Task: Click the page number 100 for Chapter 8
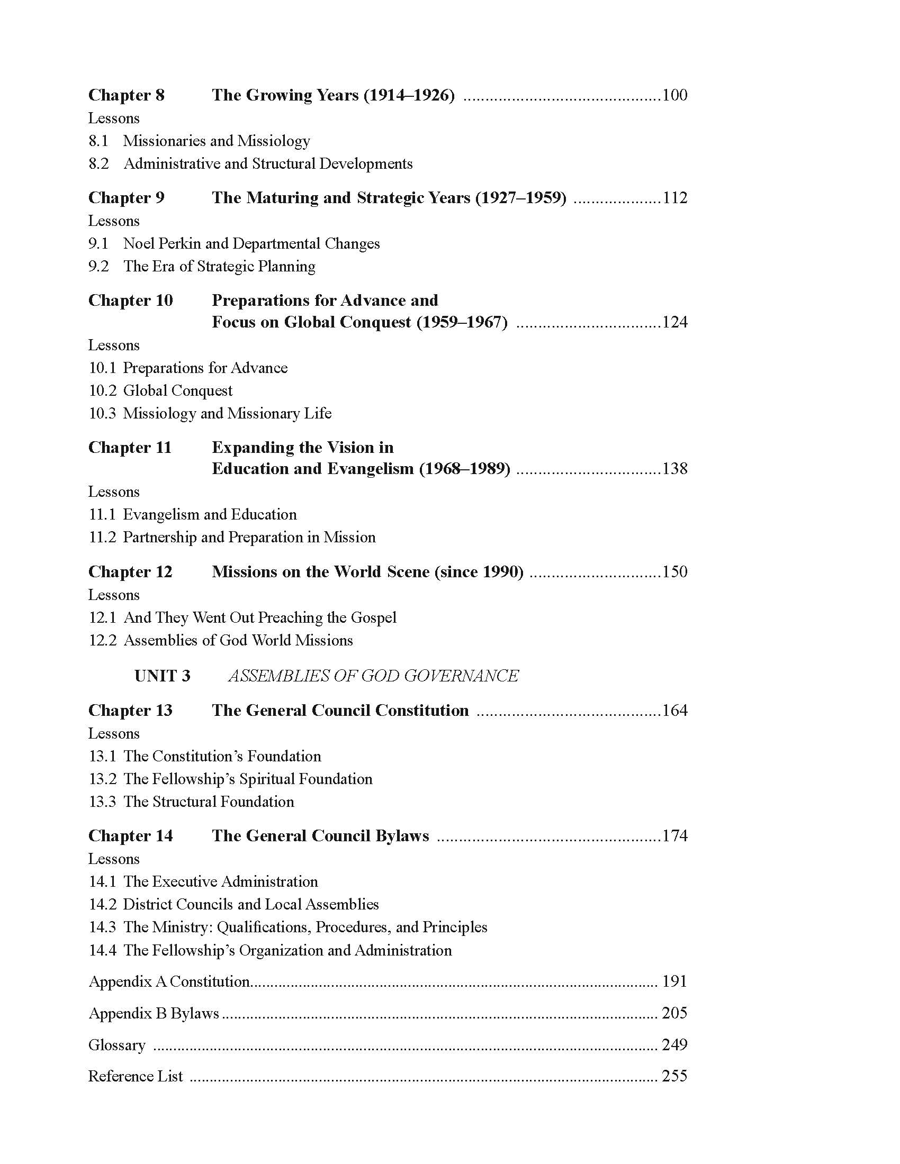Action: point(674,95)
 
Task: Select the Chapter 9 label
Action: point(127,198)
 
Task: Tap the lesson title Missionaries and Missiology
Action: point(217,141)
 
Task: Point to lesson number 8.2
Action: point(98,163)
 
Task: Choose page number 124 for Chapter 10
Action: point(674,322)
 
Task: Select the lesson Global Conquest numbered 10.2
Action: point(177,390)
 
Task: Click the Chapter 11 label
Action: point(130,447)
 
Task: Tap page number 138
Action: point(674,468)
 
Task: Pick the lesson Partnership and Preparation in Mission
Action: point(249,537)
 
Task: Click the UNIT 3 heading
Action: point(162,676)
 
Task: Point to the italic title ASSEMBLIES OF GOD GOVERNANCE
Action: point(373,676)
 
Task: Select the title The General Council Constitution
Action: point(340,711)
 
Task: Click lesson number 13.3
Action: point(102,802)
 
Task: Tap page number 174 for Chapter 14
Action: point(674,835)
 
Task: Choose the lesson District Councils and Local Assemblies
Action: point(250,904)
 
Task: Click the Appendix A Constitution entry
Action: point(169,981)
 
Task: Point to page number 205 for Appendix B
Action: point(674,1013)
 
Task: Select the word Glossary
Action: point(117,1045)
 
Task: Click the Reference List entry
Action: point(136,1077)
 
